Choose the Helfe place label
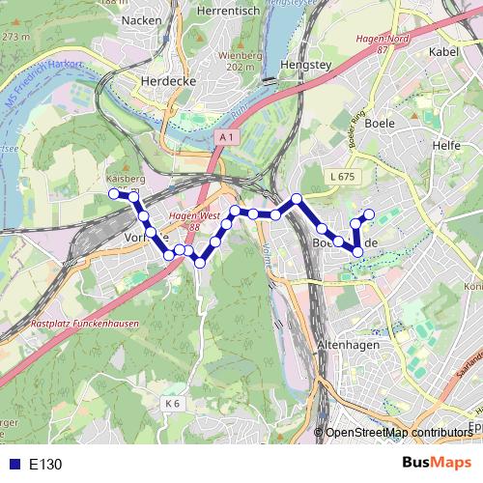click(x=447, y=145)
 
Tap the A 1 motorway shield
click(x=226, y=139)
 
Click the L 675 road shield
click(x=342, y=177)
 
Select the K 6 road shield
click(x=172, y=402)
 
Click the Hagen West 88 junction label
click(x=191, y=221)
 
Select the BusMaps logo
click(x=438, y=463)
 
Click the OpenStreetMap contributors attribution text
click(x=398, y=433)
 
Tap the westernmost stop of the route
click(x=113, y=194)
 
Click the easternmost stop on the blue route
click(x=369, y=213)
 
